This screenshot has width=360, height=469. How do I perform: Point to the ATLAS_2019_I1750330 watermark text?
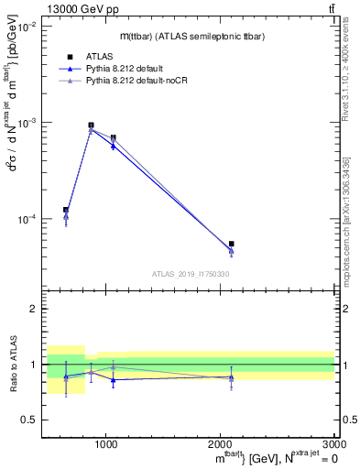[191, 274]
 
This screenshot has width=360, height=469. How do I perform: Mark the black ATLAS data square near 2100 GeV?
[231, 244]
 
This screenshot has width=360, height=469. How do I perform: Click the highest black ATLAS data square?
[91, 125]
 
